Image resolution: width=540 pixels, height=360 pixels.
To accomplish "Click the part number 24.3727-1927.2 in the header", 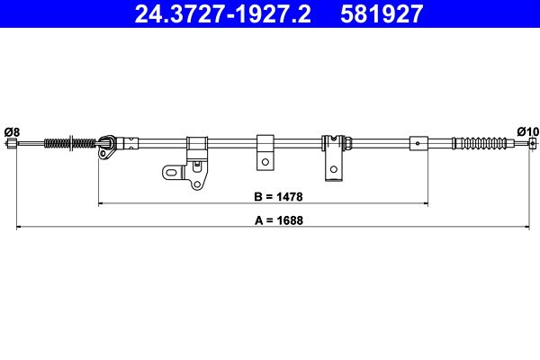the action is pos(223,13).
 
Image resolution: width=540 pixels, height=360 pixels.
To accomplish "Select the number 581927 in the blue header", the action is pos(382,13).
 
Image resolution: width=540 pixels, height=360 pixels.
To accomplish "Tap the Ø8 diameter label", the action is pos(12,132).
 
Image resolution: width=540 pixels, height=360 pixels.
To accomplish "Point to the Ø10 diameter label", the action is pos(528,131).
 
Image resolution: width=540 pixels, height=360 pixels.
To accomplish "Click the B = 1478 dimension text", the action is pos(278,197).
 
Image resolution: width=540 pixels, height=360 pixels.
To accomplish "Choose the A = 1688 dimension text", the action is pos(279,220).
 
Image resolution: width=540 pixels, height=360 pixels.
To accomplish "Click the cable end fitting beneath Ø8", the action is pos(13,142).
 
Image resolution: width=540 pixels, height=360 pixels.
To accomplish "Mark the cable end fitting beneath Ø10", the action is pos(533,143).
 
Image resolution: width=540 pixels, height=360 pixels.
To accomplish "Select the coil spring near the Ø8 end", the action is pos(70,143).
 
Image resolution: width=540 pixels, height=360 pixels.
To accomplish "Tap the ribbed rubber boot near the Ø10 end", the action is pos(482,143).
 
